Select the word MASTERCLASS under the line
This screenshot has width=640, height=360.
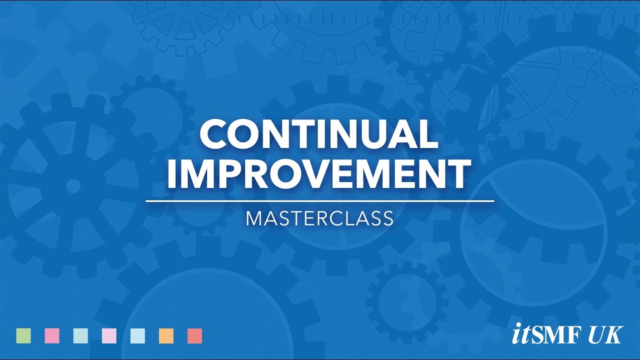click(319, 219)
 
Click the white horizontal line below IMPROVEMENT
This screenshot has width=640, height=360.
click(319, 201)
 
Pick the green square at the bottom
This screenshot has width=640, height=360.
click(23, 336)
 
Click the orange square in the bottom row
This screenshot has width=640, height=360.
click(166, 336)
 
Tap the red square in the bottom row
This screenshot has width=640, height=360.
click(194, 336)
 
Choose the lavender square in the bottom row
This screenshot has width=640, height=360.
click(109, 336)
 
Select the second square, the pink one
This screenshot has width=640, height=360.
click(52, 336)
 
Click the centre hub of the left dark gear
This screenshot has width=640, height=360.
click(73, 186)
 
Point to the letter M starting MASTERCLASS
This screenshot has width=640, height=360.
click(254, 219)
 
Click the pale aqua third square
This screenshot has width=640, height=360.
click(80, 336)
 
